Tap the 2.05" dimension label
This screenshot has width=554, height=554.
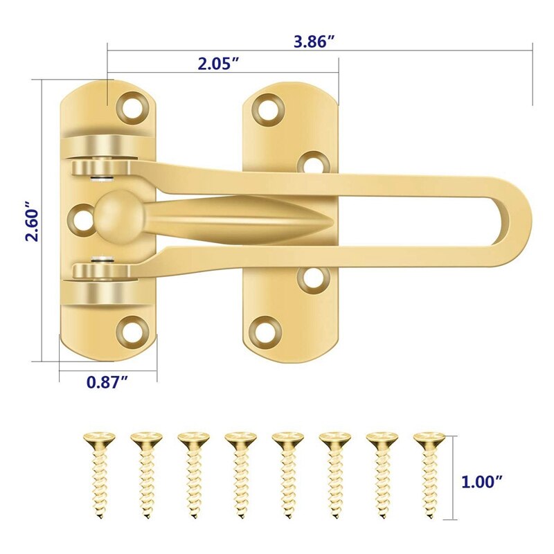point(218,64)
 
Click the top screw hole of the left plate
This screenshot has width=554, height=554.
point(133,106)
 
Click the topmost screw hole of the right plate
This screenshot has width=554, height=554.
point(268,108)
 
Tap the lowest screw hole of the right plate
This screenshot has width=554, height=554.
point(268,327)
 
